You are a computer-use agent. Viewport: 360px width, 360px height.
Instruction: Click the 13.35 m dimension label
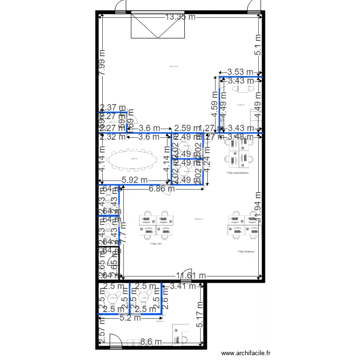point(180,17)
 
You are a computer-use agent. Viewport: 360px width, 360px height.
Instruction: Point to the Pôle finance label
point(245,251)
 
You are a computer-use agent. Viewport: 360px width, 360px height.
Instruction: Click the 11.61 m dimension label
point(191,276)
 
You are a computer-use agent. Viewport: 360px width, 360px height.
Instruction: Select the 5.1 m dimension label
point(258,45)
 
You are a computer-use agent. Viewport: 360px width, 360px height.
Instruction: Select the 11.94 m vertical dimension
point(258,207)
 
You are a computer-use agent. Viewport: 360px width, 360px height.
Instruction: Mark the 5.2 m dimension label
point(130,317)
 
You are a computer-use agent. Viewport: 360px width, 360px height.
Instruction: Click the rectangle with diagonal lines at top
point(158,26)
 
